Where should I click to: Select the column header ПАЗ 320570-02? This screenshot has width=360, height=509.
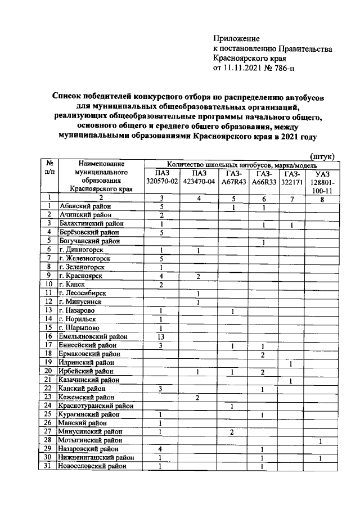pyautogui.click(x=161, y=177)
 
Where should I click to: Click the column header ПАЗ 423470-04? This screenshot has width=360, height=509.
pyautogui.click(x=199, y=177)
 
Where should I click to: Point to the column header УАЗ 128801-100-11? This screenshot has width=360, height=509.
pyautogui.click(x=322, y=182)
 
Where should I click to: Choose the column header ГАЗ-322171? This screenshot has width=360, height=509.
pyautogui.click(x=292, y=177)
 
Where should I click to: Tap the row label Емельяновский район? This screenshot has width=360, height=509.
pyautogui.click(x=92, y=336)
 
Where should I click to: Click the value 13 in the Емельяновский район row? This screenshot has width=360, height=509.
pyautogui.click(x=161, y=336)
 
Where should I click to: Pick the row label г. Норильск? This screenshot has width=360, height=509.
pyautogui.click(x=80, y=319)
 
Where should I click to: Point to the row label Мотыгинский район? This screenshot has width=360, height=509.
pyautogui.click(x=90, y=440)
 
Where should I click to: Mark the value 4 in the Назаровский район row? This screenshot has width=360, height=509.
pyautogui.click(x=161, y=449)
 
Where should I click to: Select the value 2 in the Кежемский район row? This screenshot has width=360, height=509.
pyautogui.click(x=198, y=397)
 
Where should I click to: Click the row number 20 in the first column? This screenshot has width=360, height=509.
pyautogui.click(x=49, y=371)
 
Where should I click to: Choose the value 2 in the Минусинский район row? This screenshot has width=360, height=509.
pyautogui.click(x=232, y=431)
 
